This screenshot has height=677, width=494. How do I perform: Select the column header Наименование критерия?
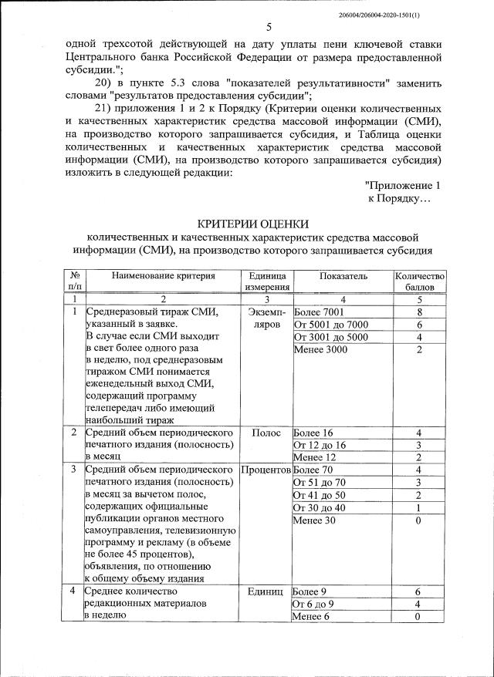pos(162,276)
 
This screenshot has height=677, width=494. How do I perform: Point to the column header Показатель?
pos(341,276)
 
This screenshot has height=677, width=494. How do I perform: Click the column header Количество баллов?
pos(419,281)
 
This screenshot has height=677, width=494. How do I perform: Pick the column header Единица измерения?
pos(267,281)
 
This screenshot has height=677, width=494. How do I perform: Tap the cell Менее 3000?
pos(320,350)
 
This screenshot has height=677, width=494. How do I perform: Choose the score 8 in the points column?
pos(419,312)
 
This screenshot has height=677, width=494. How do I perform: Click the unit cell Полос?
pos(266,433)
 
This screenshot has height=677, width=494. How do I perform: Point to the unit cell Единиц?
pos(267,591)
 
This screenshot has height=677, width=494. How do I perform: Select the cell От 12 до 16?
pos(320,445)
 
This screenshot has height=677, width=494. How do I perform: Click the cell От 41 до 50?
pos(320,494)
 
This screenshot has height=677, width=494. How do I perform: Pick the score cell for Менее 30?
pos(419,520)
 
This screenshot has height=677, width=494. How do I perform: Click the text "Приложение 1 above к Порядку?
pos(403,186)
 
